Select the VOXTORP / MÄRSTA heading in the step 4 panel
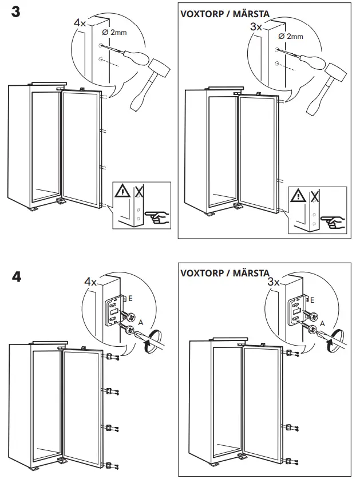pyautogui.click(x=224, y=272)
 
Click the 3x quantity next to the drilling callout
pyautogui.click(x=257, y=26)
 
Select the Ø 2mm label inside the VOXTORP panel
pyautogui.click(x=290, y=36)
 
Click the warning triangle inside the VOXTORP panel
pyautogui.click(x=298, y=197)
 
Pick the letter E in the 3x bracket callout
pyautogui.click(x=311, y=299)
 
